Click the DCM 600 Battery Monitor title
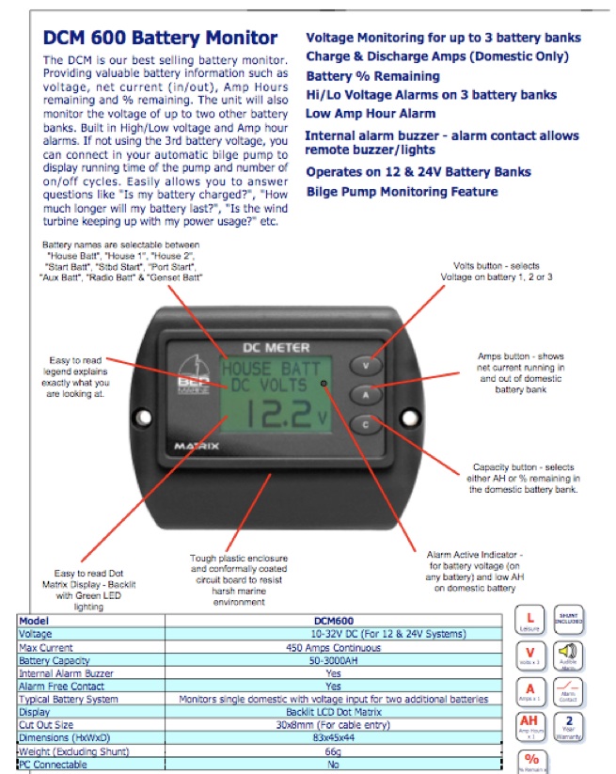(x=160, y=39)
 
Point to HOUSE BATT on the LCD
(x=270, y=370)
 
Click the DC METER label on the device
(x=270, y=348)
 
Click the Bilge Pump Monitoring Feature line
(x=403, y=192)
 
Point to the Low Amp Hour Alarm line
(x=372, y=114)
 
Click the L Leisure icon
(x=530, y=619)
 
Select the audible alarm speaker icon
(x=569, y=655)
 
